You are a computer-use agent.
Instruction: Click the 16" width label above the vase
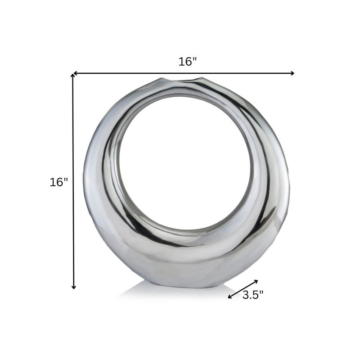point(188,62)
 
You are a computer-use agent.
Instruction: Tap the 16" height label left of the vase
point(59,182)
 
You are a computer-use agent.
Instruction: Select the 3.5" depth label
point(253,295)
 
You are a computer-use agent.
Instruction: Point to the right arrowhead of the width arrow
point(292,73)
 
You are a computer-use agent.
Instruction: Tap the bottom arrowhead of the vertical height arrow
point(73,287)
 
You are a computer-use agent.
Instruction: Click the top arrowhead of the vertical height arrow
point(73,75)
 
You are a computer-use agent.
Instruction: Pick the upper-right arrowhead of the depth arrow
point(256,282)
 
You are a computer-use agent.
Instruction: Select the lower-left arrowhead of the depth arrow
point(230,297)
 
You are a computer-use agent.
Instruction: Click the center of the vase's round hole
point(185,163)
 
